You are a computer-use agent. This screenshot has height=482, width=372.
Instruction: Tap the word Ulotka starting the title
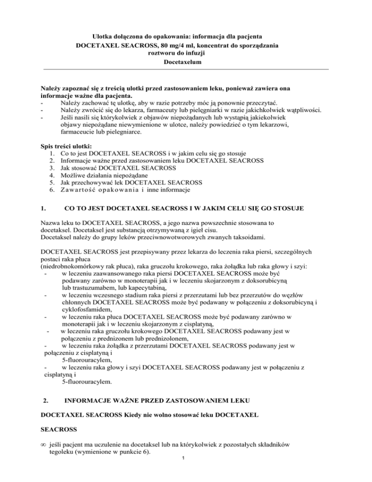tap(103, 36)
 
